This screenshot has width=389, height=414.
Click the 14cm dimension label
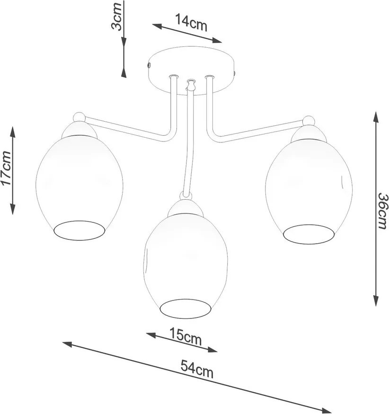pos(191,22)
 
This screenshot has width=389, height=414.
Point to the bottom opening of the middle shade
pos(186,308)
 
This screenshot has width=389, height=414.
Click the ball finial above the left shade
pos(79,117)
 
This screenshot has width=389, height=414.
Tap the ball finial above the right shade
pos(309,120)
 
